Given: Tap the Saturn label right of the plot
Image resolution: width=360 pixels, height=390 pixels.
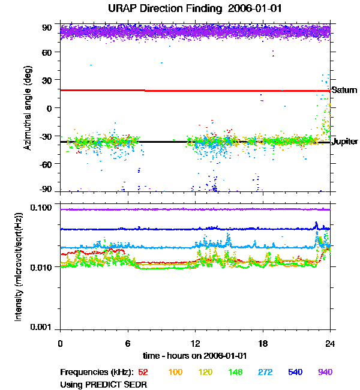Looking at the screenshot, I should pos(344,90).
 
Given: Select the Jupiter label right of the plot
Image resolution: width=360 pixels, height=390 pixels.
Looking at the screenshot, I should pos(344,142).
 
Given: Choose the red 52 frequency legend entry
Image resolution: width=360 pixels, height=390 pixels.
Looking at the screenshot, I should pos(143,373).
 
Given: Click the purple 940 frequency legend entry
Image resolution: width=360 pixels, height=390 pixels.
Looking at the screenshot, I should pos(325,373).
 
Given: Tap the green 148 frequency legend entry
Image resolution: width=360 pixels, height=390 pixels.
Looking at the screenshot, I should pos(235,373).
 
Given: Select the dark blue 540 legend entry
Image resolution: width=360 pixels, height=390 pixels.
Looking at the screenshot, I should pos(295,373).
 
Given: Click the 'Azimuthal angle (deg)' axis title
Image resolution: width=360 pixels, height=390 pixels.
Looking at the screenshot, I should pos(28,108).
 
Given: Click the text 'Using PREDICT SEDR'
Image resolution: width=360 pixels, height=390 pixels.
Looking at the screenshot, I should pos(103,383).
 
